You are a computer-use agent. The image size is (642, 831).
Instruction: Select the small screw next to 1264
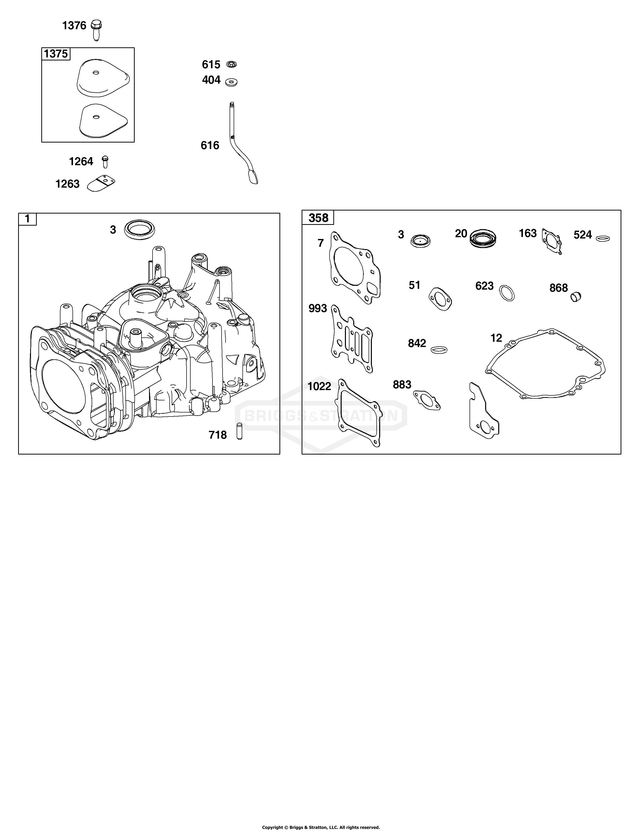[105, 161]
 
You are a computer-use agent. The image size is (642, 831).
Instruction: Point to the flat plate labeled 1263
[101, 183]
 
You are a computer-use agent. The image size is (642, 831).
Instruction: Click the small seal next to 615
[231, 64]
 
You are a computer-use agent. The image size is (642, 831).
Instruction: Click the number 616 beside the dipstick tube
[210, 145]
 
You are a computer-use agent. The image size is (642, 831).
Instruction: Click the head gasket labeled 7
[354, 268]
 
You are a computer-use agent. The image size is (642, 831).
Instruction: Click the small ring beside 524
[603, 238]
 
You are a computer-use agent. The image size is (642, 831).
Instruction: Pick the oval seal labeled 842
[439, 349]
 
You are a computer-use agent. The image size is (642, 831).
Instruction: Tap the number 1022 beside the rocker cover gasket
[319, 387]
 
